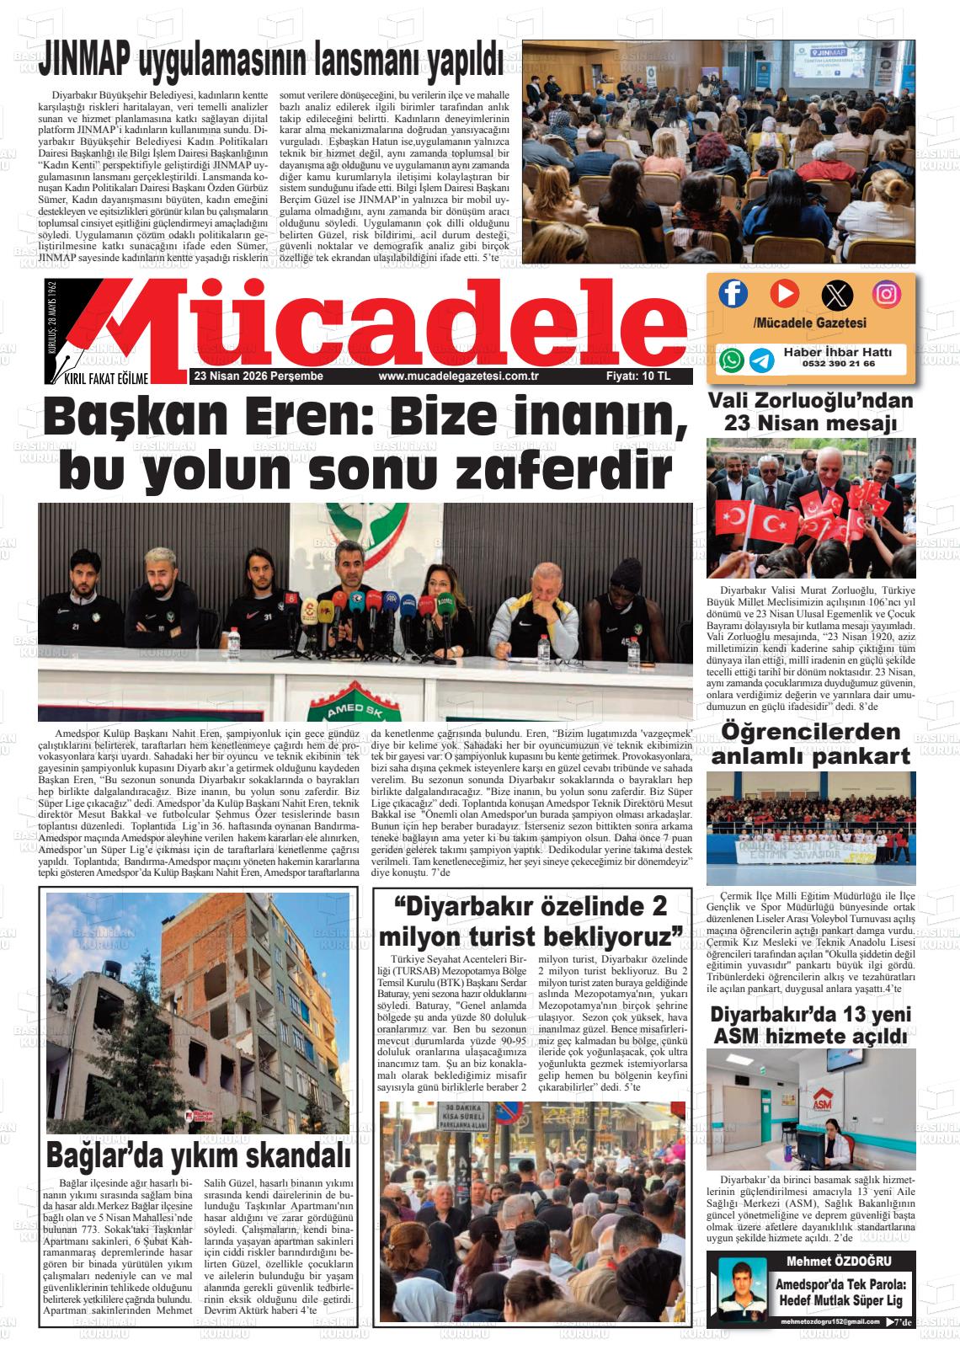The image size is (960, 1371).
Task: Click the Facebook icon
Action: tap(733, 293)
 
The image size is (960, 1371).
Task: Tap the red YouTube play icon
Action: tap(784, 293)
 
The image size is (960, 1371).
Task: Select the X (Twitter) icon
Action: tap(836, 295)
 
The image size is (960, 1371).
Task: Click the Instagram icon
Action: tap(886, 294)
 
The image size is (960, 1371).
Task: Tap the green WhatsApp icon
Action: tap(732, 360)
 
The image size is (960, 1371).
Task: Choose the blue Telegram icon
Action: tap(762, 360)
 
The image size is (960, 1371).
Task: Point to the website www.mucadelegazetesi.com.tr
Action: tap(458, 376)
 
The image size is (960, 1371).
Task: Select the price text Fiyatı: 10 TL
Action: tap(638, 376)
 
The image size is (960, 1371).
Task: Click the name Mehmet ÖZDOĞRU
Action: tap(838, 1261)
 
